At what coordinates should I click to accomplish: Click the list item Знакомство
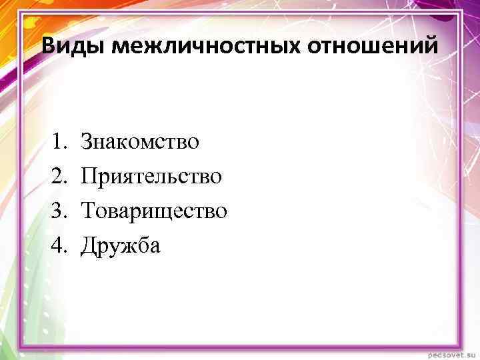139,141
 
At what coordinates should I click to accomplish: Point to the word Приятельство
151,176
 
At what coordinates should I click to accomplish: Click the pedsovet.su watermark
448,351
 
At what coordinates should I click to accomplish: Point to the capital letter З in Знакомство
86,141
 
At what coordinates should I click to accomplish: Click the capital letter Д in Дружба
88,246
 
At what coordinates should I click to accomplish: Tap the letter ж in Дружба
126,247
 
